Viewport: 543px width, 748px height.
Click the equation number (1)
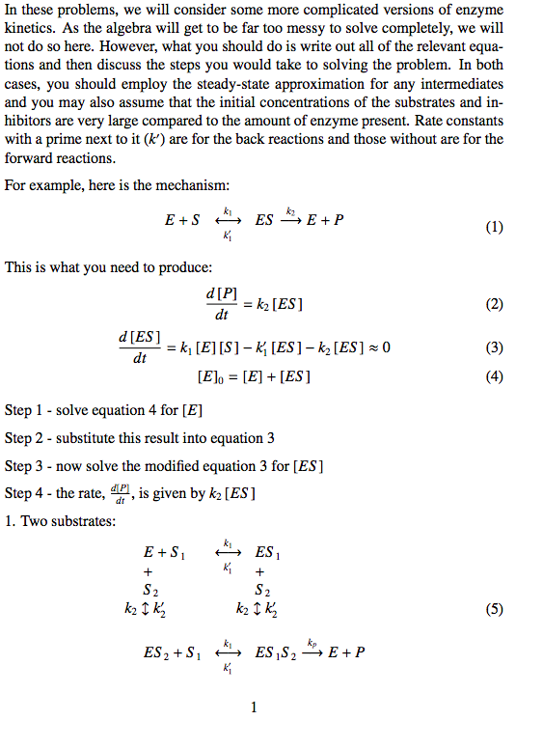click(x=494, y=229)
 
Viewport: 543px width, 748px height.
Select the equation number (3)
click(x=494, y=347)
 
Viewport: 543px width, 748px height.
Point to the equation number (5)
click(x=494, y=609)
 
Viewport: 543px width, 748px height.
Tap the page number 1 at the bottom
click(x=254, y=707)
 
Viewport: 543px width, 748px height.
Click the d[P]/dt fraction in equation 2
click(x=221, y=304)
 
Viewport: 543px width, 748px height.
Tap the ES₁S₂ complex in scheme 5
click(x=275, y=652)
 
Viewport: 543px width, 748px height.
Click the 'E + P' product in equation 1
click(x=325, y=220)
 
